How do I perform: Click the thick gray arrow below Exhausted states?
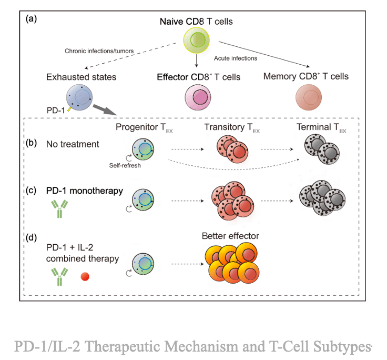tap(105, 111)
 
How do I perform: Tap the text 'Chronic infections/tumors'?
tap(99, 51)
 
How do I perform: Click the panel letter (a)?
tap(32, 18)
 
